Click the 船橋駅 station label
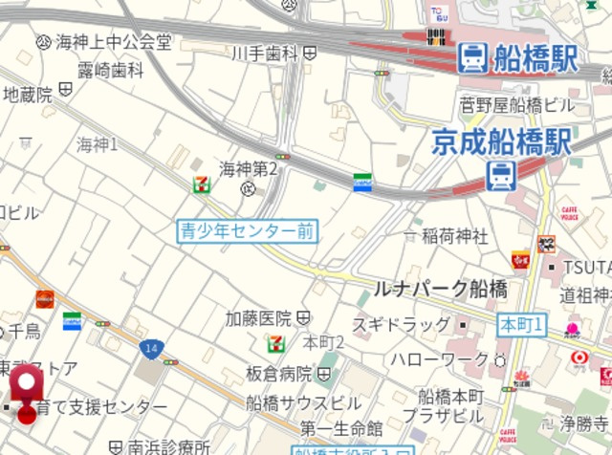[535, 58]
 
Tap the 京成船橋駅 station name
[501, 142]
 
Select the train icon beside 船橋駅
[471, 58]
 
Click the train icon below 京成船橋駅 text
[500, 176]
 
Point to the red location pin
[27, 387]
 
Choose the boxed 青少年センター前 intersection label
[247, 230]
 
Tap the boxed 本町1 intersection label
[521, 326]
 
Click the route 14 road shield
[148, 347]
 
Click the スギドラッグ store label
[401, 325]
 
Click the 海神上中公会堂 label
[114, 42]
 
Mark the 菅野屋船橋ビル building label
[516, 104]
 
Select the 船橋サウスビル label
[303, 403]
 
